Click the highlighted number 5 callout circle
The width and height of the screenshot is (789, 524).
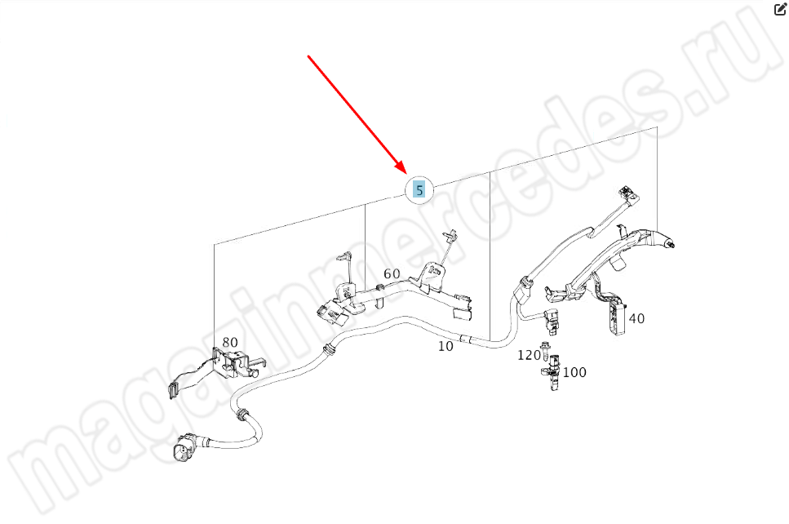(419, 190)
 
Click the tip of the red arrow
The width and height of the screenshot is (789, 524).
(405, 173)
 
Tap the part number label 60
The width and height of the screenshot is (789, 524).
(392, 273)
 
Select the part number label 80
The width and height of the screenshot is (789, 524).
(230, 342)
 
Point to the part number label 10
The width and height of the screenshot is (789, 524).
(445, 346)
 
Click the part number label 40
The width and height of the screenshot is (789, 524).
(636, 318)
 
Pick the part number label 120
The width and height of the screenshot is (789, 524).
(529, 355)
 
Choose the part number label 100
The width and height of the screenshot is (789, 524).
(574, 372)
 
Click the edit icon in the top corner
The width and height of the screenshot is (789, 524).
(779, 9)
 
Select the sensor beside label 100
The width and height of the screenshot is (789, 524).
(552, 373)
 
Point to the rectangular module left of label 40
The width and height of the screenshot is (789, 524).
(615, 315)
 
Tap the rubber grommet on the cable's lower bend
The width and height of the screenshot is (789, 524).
(242, 415)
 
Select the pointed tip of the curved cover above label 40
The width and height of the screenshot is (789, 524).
(672, 245)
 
